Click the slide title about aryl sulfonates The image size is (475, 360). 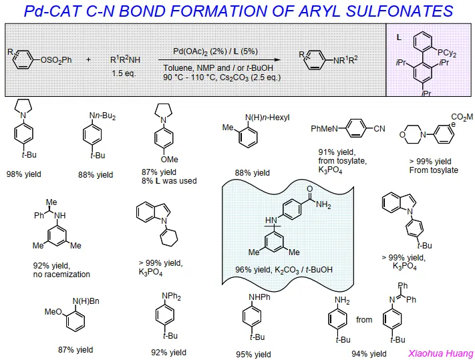(238, 11)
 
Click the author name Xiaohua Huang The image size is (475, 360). (440, 353)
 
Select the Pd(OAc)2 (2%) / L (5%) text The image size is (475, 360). (216, 51)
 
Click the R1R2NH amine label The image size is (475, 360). (126, 59)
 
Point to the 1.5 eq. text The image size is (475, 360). (124, 73)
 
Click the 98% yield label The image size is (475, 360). (23, 174)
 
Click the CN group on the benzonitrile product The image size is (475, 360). (379, 128)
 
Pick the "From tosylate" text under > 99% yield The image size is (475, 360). (433, 170)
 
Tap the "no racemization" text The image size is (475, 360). (61, 274)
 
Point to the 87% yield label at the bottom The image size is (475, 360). (75, 349)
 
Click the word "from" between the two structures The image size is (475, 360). (364, 320)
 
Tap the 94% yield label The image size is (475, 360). (369, 354)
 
